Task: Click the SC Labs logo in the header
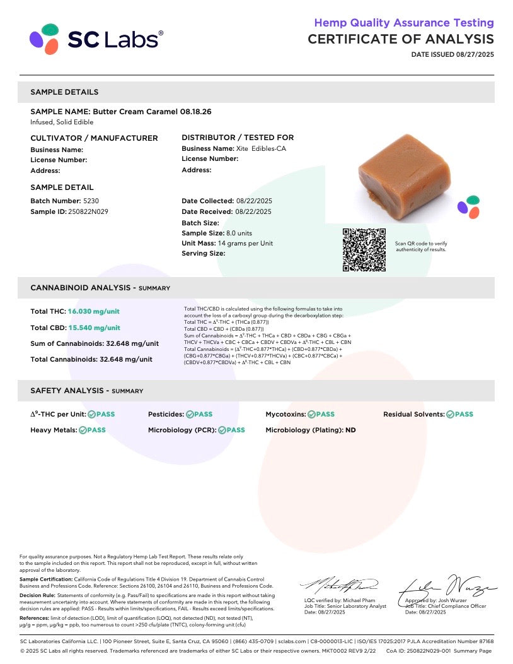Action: click(x=96, y=39)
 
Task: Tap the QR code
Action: click(x=364, y=250)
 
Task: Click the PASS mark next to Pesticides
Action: click(x=199, y=415)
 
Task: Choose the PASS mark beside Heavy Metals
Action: click(x=92, y=430)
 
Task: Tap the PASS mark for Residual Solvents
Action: click(x=459, y=415)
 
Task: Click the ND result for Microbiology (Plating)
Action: click(x=350, y=430)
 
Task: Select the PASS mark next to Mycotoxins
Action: click(x=321, y=415)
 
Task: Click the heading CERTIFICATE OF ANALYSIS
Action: click(x=400, y=39)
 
